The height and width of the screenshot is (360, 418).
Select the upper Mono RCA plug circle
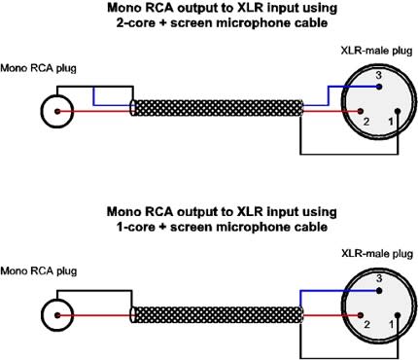click(56, 111)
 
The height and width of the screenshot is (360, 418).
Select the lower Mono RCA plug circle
click(56, 314)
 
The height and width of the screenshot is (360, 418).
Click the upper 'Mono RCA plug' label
click(39, 68)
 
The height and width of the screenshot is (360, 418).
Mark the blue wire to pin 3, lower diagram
click(331, 292)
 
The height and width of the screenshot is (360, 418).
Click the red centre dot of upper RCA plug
click(56, 111)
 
